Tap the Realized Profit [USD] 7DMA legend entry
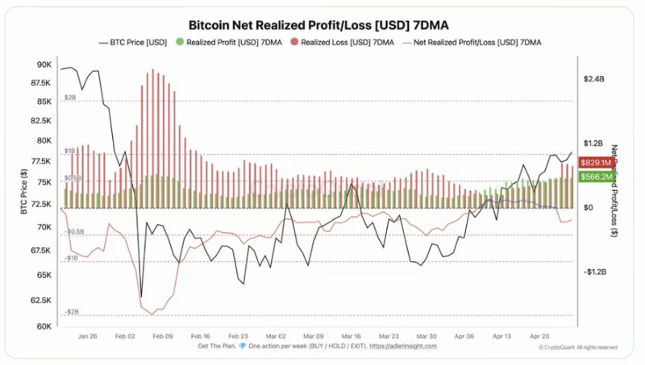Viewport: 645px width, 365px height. pyautogui.click(x=231, y=42)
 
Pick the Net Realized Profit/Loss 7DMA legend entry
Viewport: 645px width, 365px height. pyautogui.click(x=476, y=42)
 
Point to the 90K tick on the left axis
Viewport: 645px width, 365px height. pyautogui.click(x=44, y=64)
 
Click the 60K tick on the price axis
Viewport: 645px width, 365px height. pyautogui.click(x=44, y=326)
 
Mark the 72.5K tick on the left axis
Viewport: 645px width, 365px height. pyautogui.click(x=41, y=205)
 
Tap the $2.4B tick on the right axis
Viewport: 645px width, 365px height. pyautogui.click(x=594, y=79)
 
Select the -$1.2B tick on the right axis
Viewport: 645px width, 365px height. pyautogui.click(x=595, y=272)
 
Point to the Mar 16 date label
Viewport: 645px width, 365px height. pyautogui.click(x=351, y=336)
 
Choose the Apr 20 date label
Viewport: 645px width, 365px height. pyautogui.click(x=540, y=336)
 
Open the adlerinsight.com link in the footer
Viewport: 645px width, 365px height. pyautogui.click(x=403, y=346)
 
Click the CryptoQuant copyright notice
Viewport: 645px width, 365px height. pyautogui.click(x=578, y=347)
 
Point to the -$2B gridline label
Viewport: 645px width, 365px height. pyautogui.click(x=72, y=311)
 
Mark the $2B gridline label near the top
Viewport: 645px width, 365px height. pyautogui.click(x=70, y=97)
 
